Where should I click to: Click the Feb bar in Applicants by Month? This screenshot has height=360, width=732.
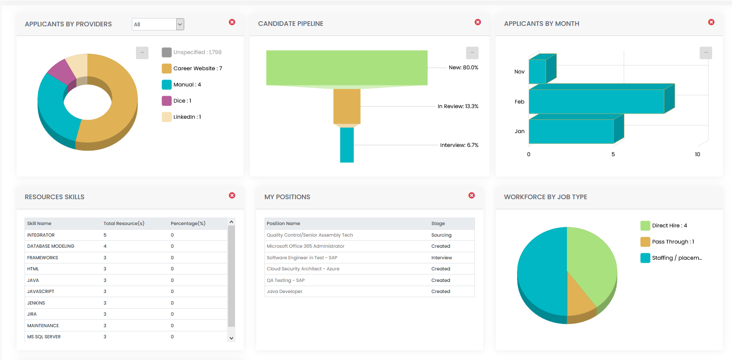(x=597, y=102)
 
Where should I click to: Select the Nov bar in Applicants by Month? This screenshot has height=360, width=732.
(x=537, y=72)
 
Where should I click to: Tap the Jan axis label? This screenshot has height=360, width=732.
(x=519, y=131)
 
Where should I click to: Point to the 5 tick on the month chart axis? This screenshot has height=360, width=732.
(x=613, y=154)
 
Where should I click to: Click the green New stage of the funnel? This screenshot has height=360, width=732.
(x=347, y=68)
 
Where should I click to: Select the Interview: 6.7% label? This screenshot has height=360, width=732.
(x=459, y=145)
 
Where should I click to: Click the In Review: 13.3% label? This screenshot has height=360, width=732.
(x=458, y=106)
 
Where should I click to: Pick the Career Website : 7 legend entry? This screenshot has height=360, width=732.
(x=197, y=68)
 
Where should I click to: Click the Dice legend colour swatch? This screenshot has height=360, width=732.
(x=166, y=101)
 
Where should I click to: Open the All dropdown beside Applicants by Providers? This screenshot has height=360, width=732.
(x=158, y=24)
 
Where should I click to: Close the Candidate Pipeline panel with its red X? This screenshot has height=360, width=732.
(x=478, y=22)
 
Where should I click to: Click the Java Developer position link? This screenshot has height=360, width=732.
(x=284, y=292)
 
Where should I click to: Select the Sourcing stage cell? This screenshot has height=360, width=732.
(x=441, y=235)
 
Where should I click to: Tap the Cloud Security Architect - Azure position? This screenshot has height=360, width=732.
(x=303, y=269)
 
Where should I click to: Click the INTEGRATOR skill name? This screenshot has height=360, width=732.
(x=41, y=235)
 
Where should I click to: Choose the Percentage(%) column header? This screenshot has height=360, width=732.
(x=188, y=224)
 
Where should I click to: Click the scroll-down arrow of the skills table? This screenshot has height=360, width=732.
(x=231, y=338)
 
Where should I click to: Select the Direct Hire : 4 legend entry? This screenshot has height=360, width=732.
(x=669, y=226)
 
